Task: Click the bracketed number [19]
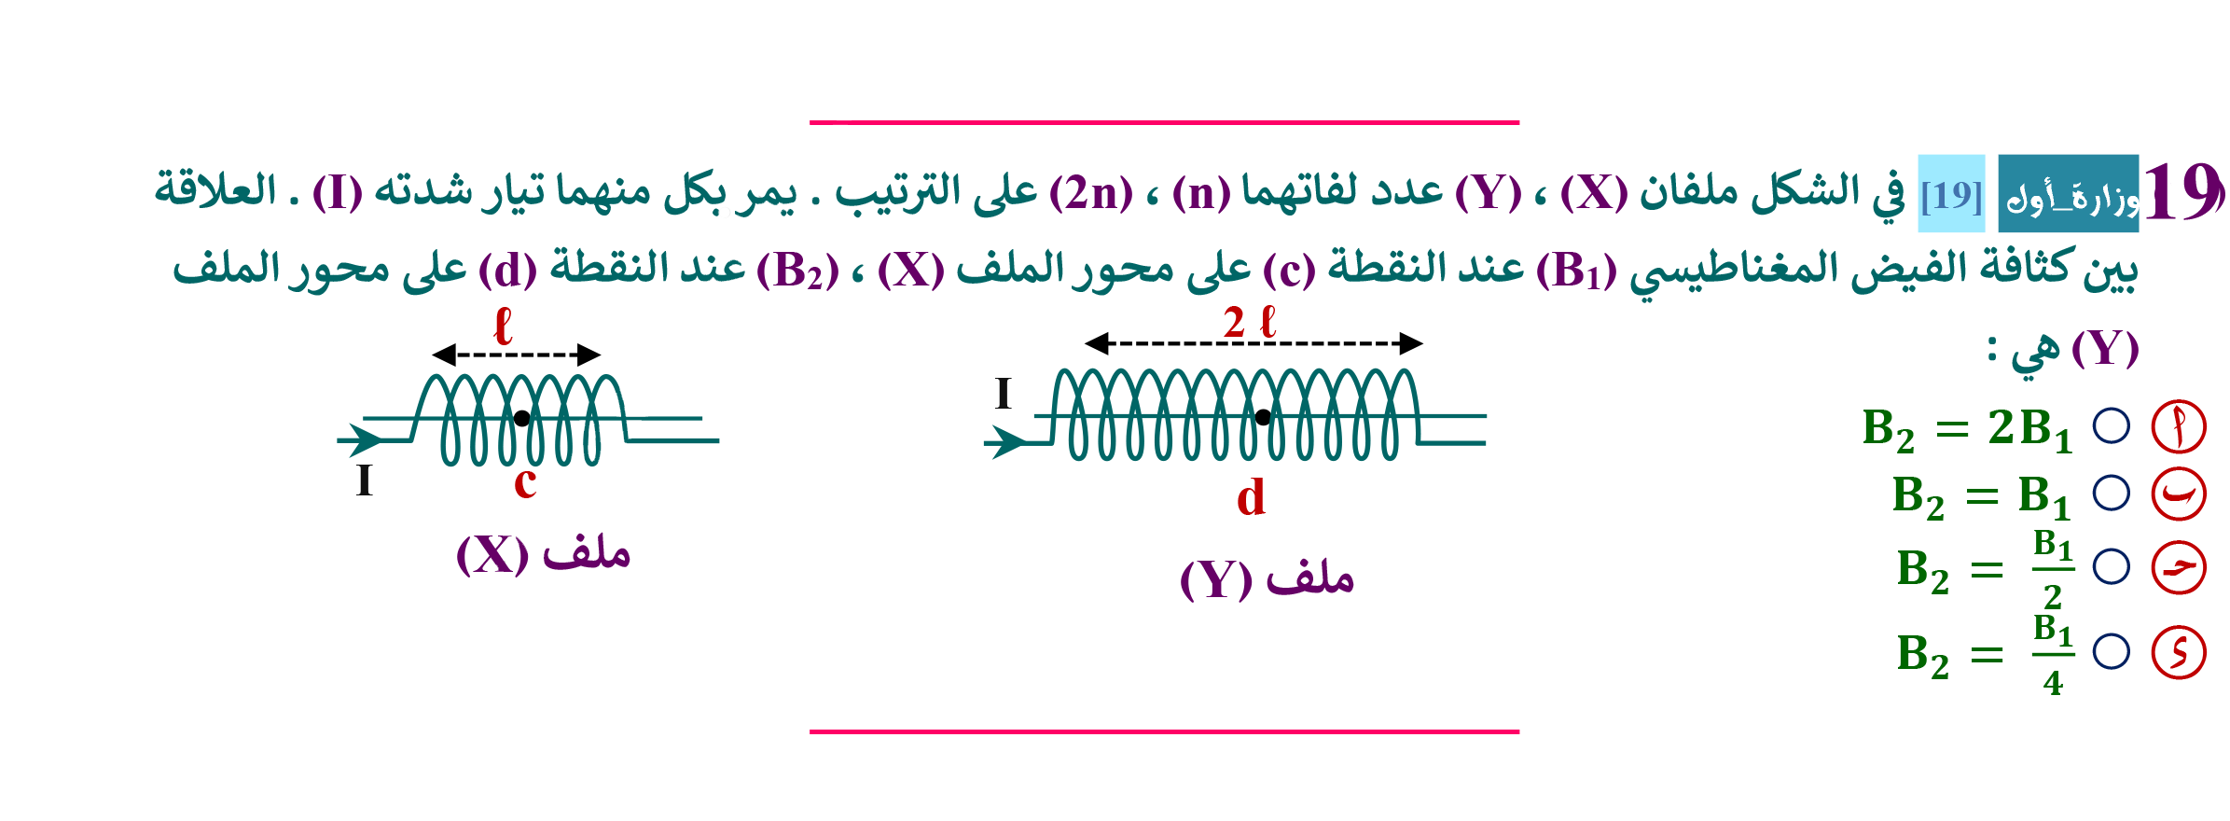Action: [1951, 196]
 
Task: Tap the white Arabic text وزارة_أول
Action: [2076, 199]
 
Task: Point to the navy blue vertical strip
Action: [2112, 560]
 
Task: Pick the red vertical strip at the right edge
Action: [2182, 560]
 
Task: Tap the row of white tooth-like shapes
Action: [522, 402]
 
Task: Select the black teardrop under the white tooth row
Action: [521, 422]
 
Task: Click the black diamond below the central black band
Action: [1263, 415]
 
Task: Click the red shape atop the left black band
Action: [505, 322]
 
